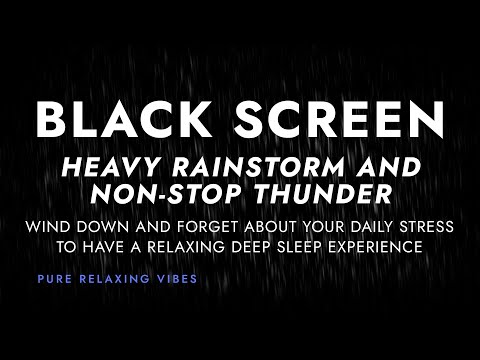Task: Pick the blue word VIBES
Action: coord(176,279)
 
